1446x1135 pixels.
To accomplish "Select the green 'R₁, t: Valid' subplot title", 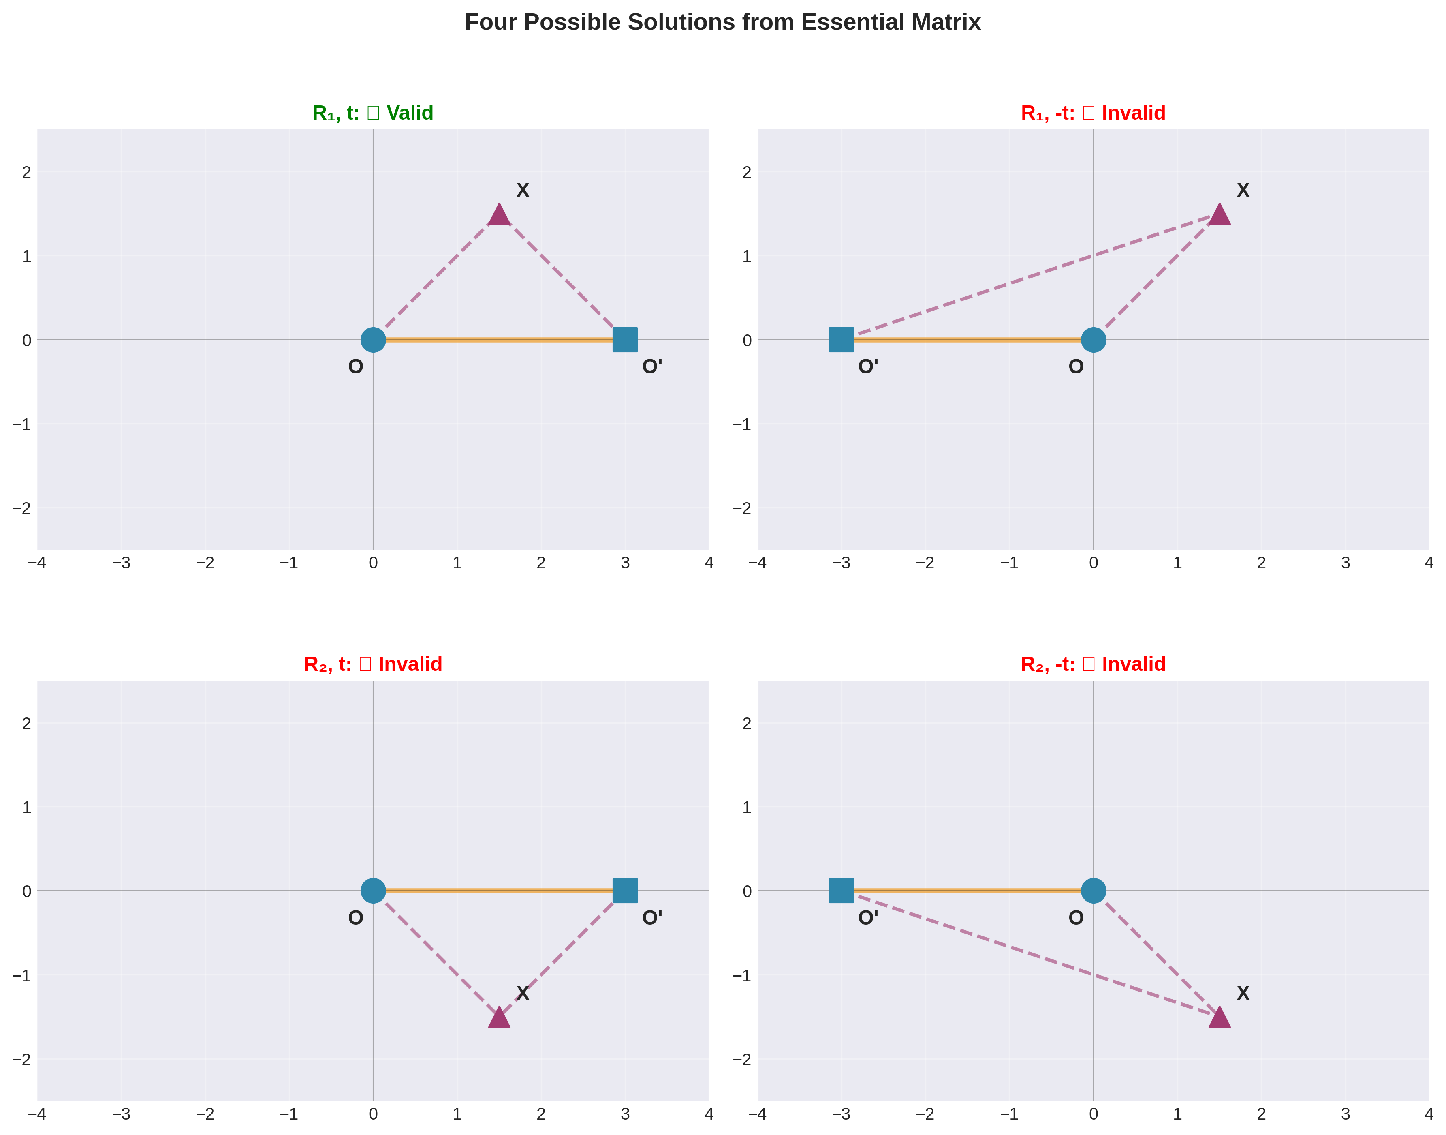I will click(373, 113).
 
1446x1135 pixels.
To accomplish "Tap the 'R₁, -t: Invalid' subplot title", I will click(1093, 113).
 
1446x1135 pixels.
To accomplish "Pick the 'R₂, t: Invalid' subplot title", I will click(373, 664).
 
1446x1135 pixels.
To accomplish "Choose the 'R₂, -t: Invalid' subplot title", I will click(1093, 664).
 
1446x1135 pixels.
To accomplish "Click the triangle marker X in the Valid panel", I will click(499, 215).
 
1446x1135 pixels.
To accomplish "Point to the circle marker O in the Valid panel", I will click(373, 340).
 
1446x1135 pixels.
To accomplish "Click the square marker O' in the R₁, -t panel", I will click(841, 340).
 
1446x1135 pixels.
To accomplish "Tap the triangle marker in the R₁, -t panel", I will click(1219, 215).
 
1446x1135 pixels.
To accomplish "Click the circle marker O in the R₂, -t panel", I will click(1093, 891).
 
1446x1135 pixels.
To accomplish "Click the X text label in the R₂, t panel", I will click(523, 993).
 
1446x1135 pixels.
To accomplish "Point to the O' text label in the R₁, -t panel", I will click(868, 367).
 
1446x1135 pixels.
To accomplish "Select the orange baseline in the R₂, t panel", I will click(498, 891).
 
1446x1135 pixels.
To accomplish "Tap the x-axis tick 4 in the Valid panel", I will click(709, 563).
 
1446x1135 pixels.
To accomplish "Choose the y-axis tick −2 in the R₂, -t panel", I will click(742, 1059).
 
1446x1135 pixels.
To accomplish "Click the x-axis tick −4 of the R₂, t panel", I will click(37, 1114).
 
